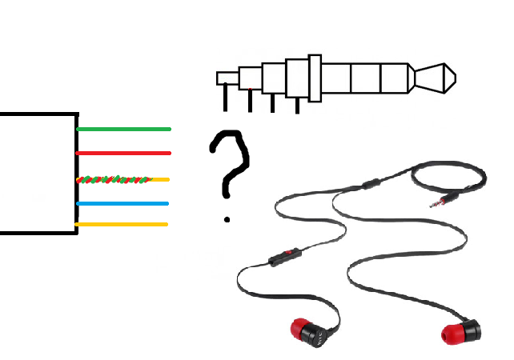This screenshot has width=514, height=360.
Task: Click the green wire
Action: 124,129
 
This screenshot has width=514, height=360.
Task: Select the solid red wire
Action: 124,153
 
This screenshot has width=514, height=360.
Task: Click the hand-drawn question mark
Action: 230,160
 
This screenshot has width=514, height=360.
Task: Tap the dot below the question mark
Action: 228,218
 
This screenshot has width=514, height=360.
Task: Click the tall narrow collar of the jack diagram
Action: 315,78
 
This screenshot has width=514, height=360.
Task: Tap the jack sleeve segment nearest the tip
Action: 395,78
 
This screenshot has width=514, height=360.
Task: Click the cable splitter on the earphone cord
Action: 369,184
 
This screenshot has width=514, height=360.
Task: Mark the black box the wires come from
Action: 36,173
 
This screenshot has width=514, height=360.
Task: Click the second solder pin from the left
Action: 251,101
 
